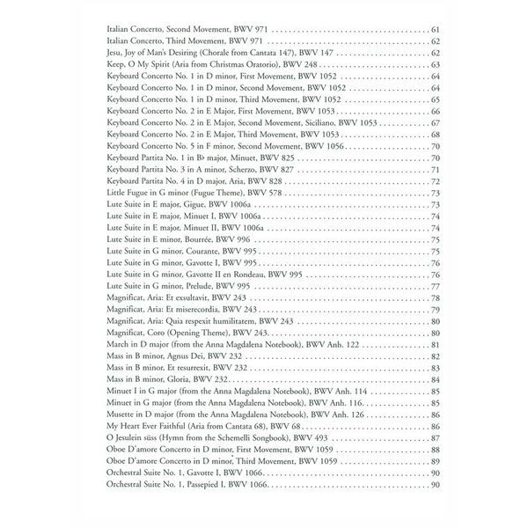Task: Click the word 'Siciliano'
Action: click(x=304, y=122)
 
